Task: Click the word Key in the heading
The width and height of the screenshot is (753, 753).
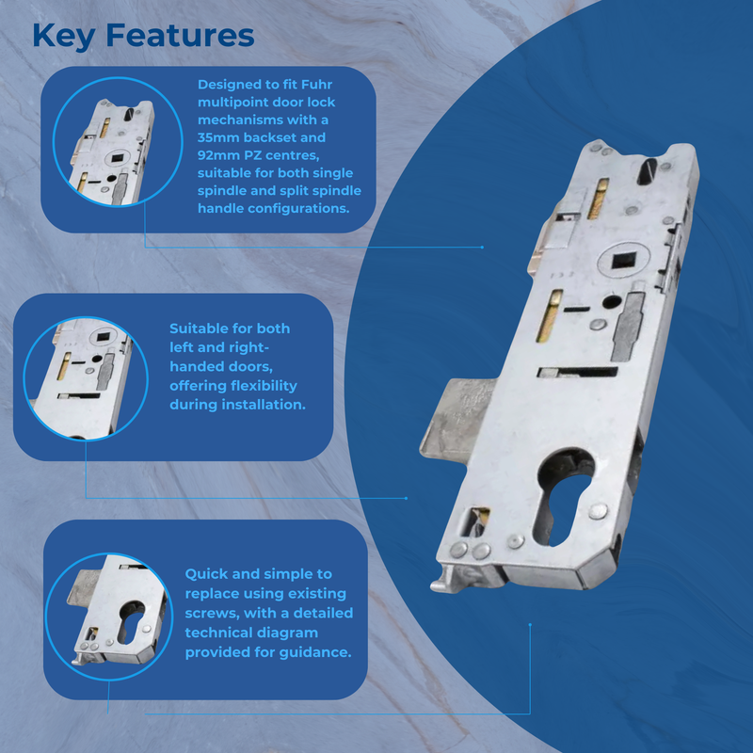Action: coord(64,36)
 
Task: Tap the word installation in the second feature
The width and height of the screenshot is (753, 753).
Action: coord(259,405)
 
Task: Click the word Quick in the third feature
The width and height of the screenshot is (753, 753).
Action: coord(207,574)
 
